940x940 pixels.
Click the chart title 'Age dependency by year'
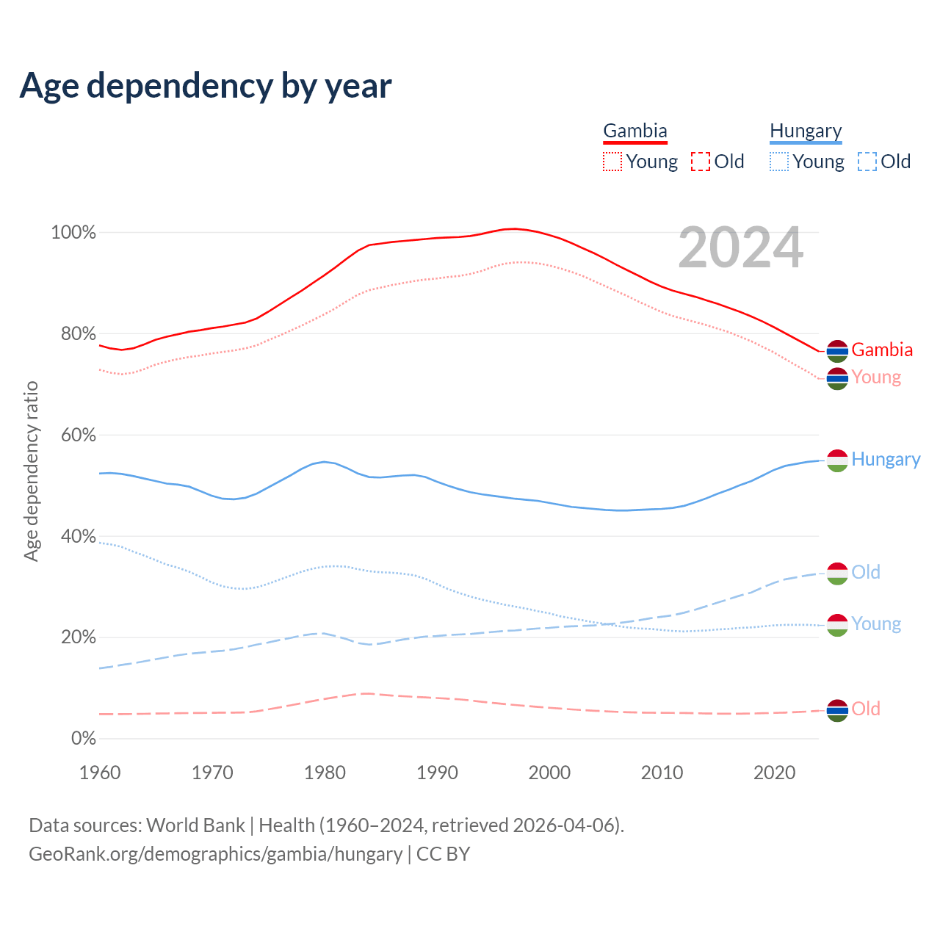[206, 86]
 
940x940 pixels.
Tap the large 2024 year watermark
[740, 247]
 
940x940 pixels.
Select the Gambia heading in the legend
[635, 131]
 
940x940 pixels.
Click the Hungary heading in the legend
[806, 131]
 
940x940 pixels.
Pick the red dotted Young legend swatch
[612, 162]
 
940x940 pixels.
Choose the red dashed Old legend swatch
[701, 162]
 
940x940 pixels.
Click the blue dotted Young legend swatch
[779, 162]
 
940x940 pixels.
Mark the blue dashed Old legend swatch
[867, 162]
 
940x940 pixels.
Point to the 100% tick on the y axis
[73, 233]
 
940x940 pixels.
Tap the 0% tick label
[84, 739]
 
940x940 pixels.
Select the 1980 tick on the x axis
[325, 773]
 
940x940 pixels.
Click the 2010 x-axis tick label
[662, 773]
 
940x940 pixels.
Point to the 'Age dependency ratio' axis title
[31, 471]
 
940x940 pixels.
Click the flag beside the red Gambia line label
[837, 351]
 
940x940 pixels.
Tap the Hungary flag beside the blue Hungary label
[837, 460]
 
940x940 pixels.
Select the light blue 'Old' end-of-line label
[866, 572]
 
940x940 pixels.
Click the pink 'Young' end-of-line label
[876, 377]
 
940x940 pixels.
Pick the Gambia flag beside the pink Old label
[837, 710]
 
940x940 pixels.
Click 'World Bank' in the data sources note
[195, 825]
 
